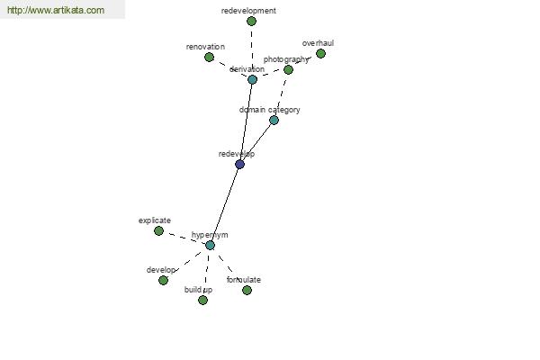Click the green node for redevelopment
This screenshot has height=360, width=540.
coord(251,22)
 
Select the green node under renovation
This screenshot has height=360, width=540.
coord(209,58)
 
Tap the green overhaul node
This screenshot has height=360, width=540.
coord(320,54)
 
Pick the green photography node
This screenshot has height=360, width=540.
coord(288,70)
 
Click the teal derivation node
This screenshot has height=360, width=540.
coord(252,79)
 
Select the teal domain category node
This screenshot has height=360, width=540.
coord(274,121)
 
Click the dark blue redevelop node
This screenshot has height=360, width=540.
coord(239,165)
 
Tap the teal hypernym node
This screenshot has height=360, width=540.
coord(210,246)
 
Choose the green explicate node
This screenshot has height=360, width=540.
coord(158,230)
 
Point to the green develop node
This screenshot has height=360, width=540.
coord(163,281)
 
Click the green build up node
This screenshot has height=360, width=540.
coord(202,301)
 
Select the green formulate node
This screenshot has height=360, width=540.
coord(247,291)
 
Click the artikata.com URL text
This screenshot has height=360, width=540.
coord(56,10)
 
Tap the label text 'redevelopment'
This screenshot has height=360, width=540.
coord(248,11)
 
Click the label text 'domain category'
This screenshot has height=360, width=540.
coord(269,110)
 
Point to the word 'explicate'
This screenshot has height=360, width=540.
coord(154,220)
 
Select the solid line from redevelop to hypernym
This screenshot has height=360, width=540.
coord(225,204)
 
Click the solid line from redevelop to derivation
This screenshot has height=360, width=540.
coord(246,122)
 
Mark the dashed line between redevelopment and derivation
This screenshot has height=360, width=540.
coord(252,50)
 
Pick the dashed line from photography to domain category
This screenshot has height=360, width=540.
coord(281,95)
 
